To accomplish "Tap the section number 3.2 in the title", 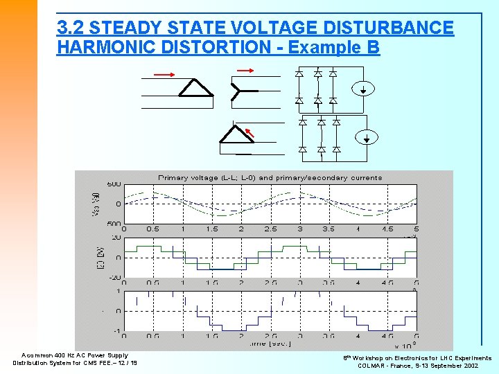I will pyautogui.click(x=71, y=28).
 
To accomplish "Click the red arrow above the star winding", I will pyautogui.click(x=245, y=69).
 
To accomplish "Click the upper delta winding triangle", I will pyautogui.click(x=195, y=89).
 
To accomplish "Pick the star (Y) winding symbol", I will pyautogui.click(x=238, y=90).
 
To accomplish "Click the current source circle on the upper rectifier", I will pyautogui.click(x=367, y=89).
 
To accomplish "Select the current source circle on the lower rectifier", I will pyautogui.click(x=370, y=136).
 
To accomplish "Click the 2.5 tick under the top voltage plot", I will pyautogui.click(x=270, y=229).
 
